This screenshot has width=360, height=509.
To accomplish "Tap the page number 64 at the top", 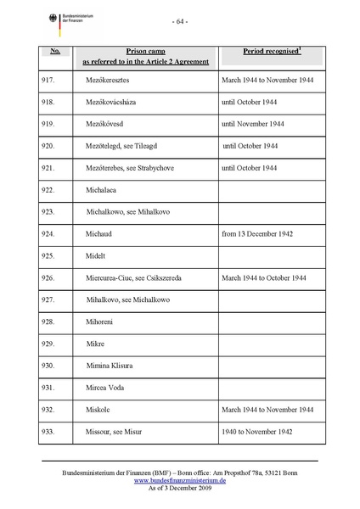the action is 180,21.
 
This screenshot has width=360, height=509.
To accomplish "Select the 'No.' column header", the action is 54,52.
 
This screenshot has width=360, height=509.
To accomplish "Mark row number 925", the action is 48,255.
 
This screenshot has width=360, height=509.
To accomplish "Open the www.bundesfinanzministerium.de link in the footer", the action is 179,480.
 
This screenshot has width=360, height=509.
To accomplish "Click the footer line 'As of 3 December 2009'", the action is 179,489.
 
